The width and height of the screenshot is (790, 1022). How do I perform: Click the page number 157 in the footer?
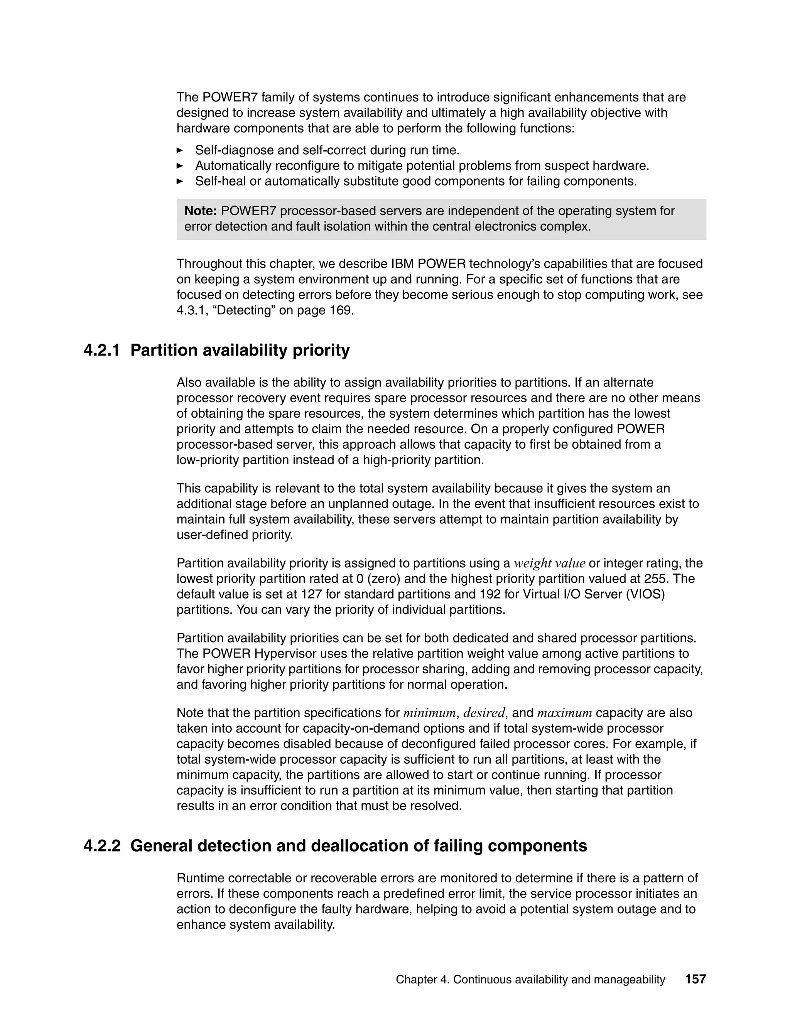click(x=695, y=980)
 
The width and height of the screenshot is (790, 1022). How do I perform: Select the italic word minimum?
click(x=429, y=713)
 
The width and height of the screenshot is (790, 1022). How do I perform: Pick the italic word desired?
click(x=484, y=713)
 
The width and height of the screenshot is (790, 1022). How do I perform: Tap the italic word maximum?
click(x=564, y=713)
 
